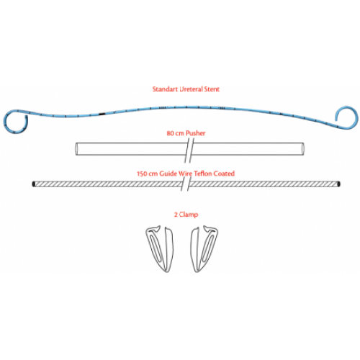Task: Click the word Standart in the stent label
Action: [x=165, y=89]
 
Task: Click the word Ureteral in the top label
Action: [x=191, y=89]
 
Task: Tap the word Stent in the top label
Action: [x=212, y=89]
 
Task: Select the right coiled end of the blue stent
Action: [x=346, y=117]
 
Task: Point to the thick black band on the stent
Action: [x=102, y=114]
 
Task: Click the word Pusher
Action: [x=196, y=133]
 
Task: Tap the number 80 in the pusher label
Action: [x=171, y=133]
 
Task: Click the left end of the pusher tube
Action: [x=77, y=149]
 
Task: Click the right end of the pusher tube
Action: [x=302, y=149]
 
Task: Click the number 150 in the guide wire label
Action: [x=142, y=174]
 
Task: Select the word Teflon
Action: [x=203, y=174]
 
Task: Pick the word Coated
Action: [x=224, y=174]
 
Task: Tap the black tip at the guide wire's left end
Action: [x=34, y=184]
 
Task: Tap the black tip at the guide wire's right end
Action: [x=338, y=184]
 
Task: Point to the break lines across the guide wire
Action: [x=186, y=184]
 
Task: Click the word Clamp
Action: [x=189, y=215]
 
